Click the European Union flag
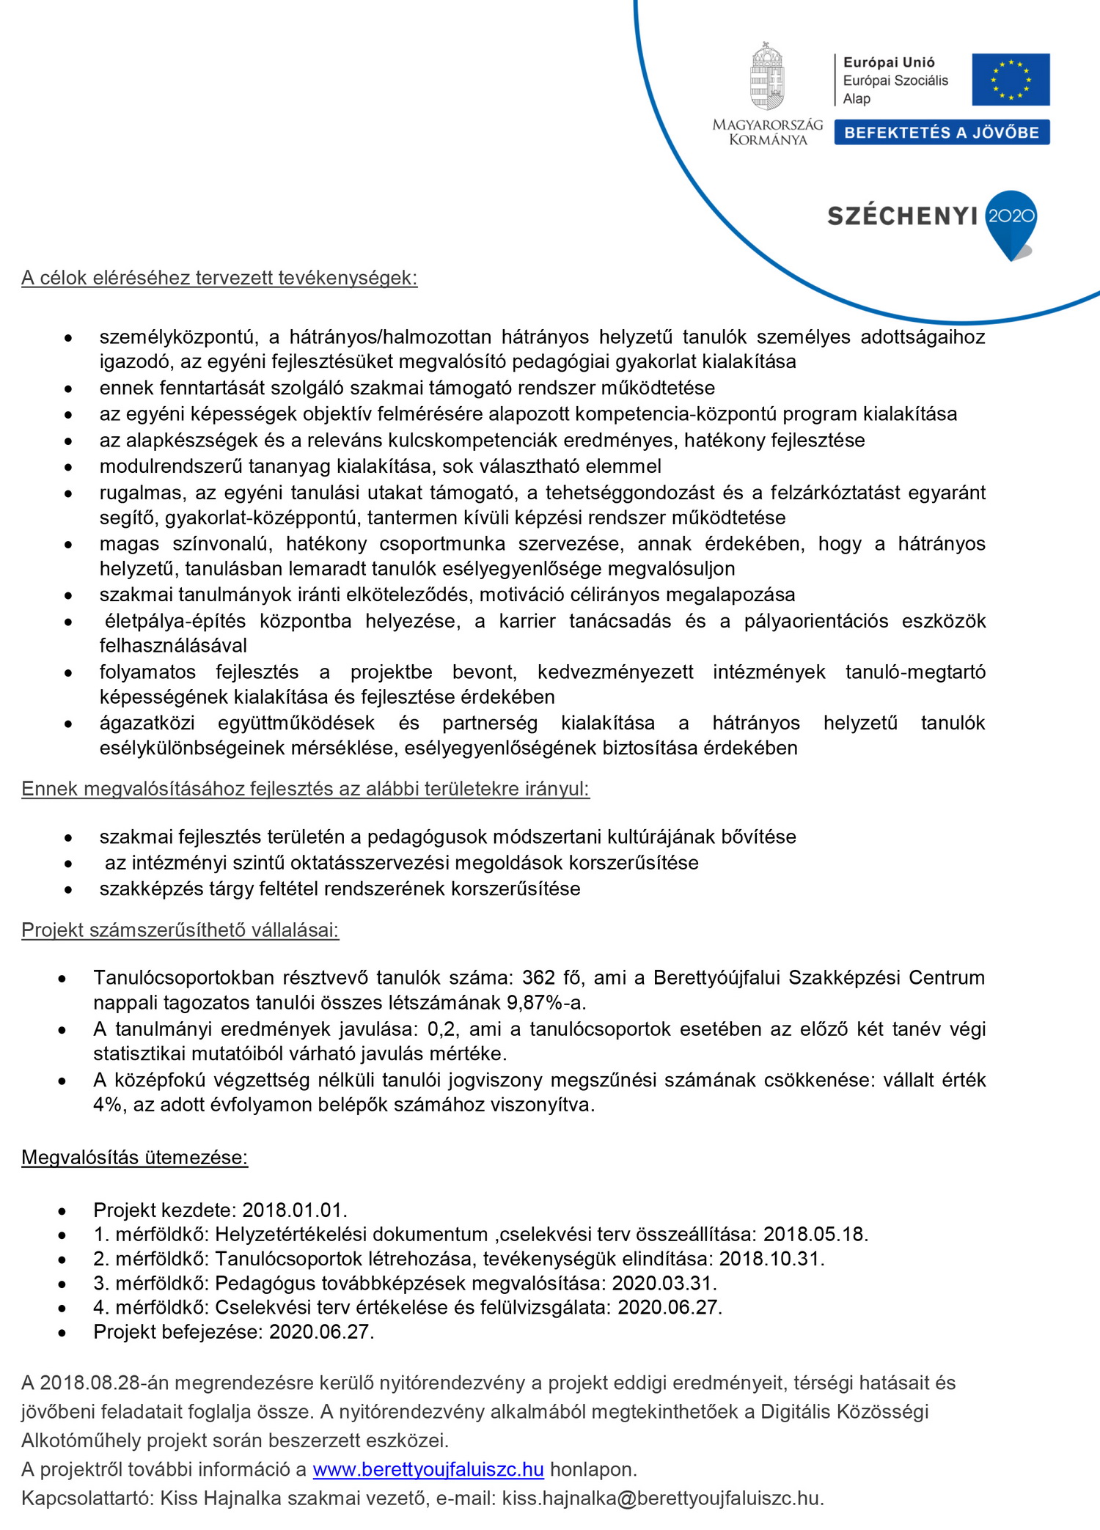pyautogui.click(x=1011, y=79)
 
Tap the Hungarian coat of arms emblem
pyautogui.click(x=767, y=78)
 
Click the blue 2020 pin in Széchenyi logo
pyautogui.click(x=1011, y=220)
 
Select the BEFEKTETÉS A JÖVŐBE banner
pyautogui.click(x=942, y=133)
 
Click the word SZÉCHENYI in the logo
pyautogui.click(x=903, y=216)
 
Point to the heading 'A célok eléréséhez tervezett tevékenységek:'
pyautogui.click(x=219, y=278)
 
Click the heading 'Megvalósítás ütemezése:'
pyautogui.click(x=135, y=1158)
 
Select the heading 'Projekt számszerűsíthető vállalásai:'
pyautogui.click(x=180, y=930)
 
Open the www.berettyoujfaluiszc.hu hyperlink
pyautogui.click(x=428, y=1470)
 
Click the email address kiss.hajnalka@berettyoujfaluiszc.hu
pyautogui.click(x=662, y=1498)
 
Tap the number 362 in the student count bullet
pyautogui.click(x=538, y=978)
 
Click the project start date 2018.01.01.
pyautogui.click(x=295, y=1210)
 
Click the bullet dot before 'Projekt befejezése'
pyautogui.click(x=62, y=1333)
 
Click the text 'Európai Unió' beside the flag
pyautogui.click(x=889, y=63)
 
